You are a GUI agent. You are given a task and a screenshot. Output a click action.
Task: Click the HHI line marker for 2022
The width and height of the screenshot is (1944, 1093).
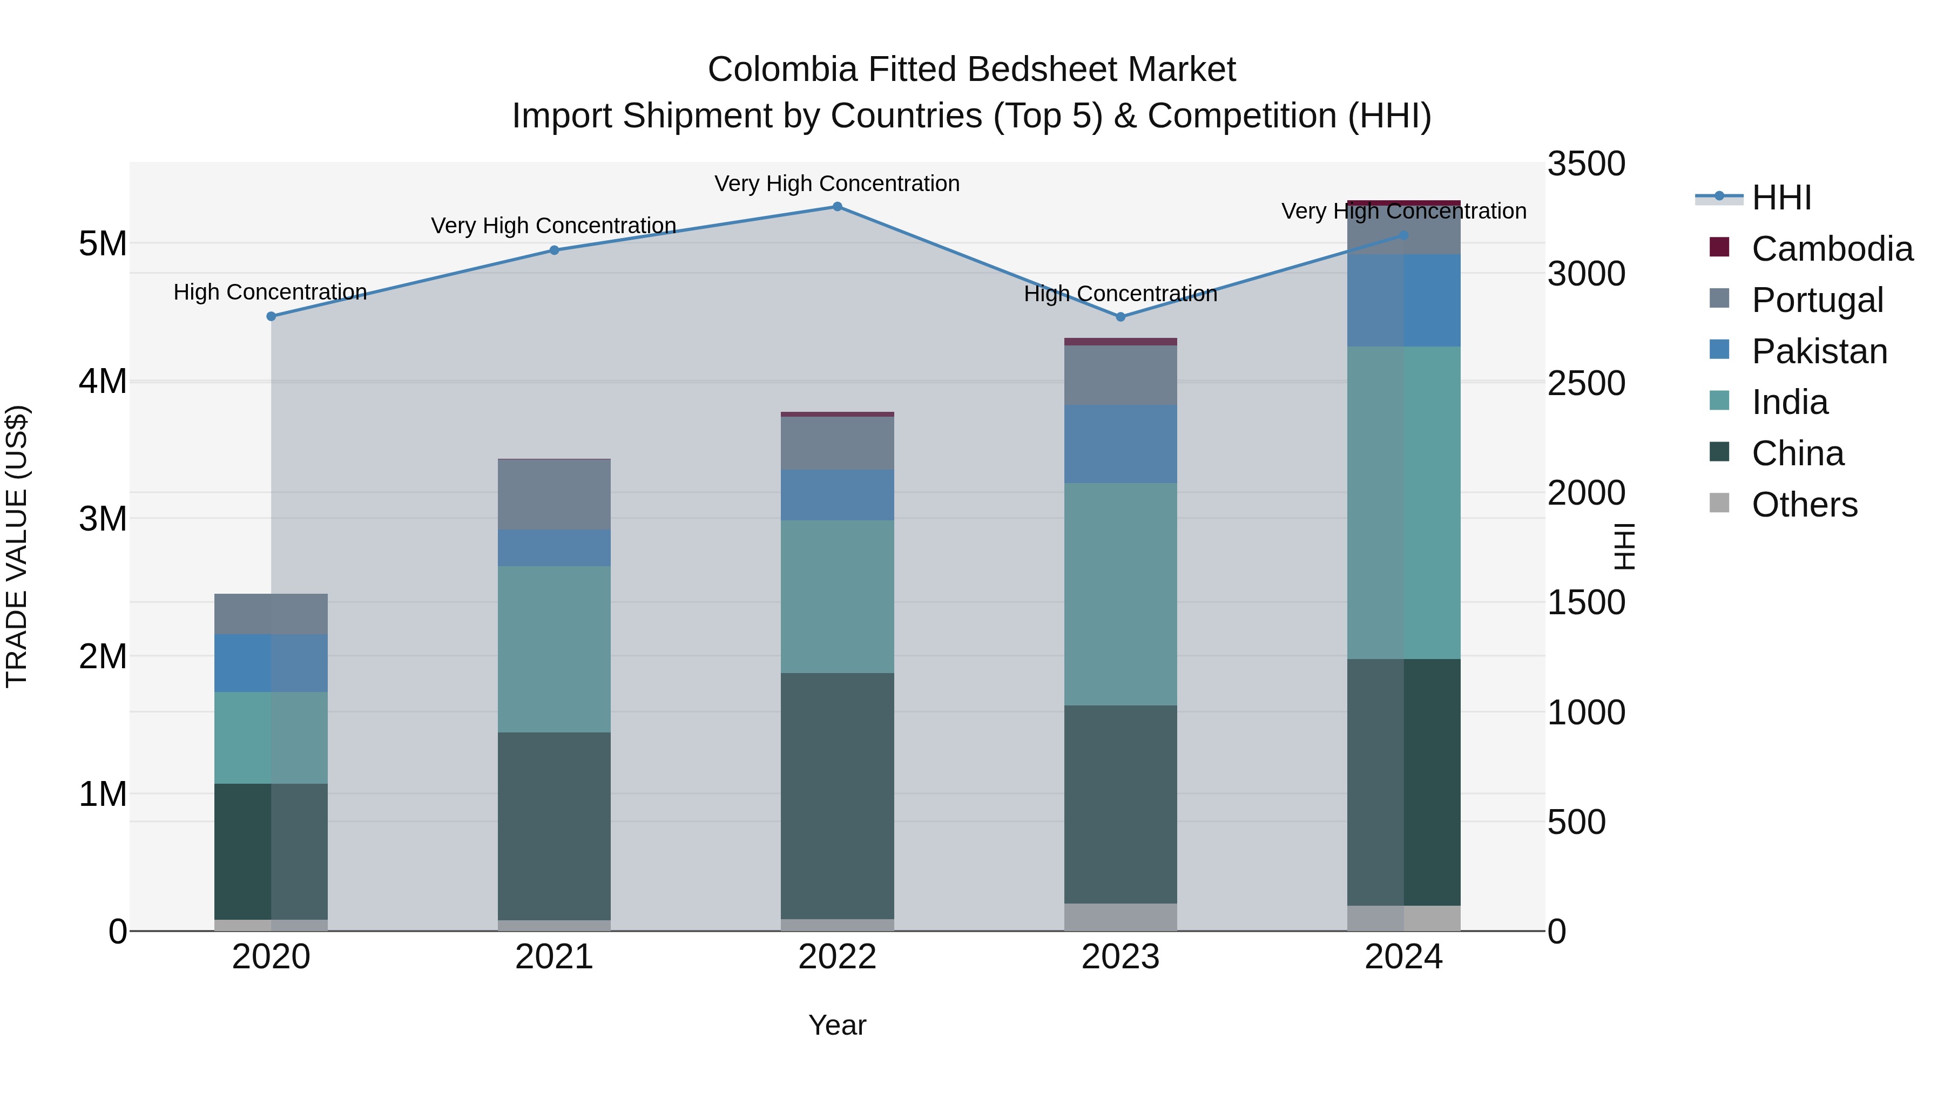click(837, 207)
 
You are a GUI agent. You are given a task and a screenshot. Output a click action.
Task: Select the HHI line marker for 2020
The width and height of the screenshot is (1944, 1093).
click(271, 317)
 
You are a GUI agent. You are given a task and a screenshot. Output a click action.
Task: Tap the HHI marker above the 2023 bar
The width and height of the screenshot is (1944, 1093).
click(1120, 317)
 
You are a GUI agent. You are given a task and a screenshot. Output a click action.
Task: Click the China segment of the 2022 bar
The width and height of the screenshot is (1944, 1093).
click(837, 796)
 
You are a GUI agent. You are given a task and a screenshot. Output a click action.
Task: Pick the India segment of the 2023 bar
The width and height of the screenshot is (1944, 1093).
click(1120, 594)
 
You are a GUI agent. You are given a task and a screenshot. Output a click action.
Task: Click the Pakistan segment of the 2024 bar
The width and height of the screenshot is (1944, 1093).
click(1403, 300)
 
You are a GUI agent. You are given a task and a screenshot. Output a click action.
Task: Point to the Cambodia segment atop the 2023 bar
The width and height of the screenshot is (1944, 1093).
click(1120, 342)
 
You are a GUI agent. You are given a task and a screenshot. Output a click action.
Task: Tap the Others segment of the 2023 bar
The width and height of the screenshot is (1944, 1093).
click(1120, 917)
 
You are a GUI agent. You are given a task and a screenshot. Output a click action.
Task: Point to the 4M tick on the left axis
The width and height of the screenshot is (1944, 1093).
click(103, 382)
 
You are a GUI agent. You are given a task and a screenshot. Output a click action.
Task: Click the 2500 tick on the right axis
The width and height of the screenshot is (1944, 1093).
click(1585, 383)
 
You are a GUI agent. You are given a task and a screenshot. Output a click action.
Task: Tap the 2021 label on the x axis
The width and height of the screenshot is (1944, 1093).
click(554, 957)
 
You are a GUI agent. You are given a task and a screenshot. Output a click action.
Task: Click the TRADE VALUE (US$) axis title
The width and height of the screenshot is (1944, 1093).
click(17, 546)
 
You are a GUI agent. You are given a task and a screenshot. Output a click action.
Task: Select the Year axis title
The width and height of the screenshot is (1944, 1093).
click(837, 1025)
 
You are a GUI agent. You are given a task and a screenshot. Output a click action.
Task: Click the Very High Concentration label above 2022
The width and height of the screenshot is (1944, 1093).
click(837, 184)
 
